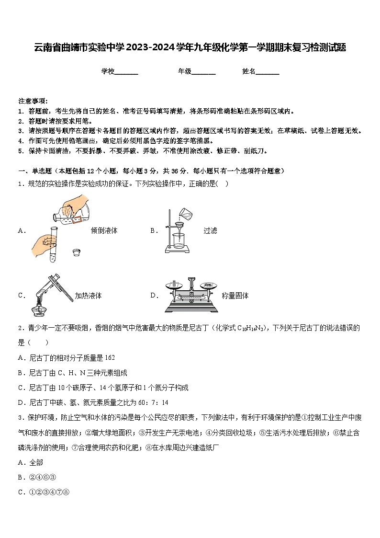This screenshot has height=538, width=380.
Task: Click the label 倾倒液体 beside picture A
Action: pyautogui.click(x=104, y=230)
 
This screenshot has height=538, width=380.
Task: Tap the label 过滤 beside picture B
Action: pyautogui.click(x=210, y=230)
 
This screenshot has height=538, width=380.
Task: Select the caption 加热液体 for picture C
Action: pyautogui.click(x=88, y=296)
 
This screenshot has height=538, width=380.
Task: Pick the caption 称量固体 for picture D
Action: pyautogui.click(x=235, y=296)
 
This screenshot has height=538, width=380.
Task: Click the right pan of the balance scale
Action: pyautogui.click(x=208, y=285)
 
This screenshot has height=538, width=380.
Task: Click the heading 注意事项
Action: pyautogui.click(x=33, y=101)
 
